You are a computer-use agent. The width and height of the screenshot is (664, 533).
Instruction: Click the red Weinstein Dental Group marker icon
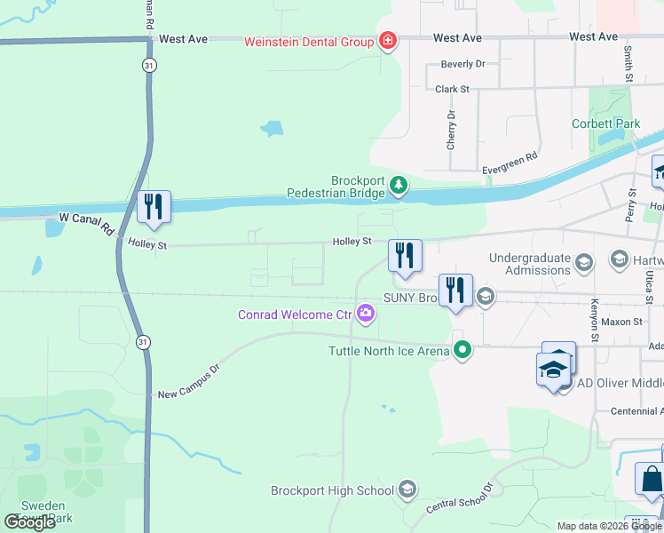(387, 40)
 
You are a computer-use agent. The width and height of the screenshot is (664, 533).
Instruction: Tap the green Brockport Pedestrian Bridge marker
(400, 185)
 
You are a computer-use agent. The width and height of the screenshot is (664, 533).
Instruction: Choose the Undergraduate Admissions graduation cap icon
(584, 262)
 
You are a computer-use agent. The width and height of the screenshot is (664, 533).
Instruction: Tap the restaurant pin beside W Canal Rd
(154, 206)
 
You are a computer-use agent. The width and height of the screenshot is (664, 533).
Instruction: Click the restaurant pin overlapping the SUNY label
(455, 290)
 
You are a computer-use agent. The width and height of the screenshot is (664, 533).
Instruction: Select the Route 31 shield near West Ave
(146, 66)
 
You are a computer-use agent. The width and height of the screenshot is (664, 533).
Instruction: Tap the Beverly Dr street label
(463, 64)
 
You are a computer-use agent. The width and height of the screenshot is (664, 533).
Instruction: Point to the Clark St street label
(452, 89)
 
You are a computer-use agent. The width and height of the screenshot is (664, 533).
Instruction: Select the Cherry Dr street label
(452, 128)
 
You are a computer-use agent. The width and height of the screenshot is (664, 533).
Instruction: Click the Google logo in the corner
(30, 522)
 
